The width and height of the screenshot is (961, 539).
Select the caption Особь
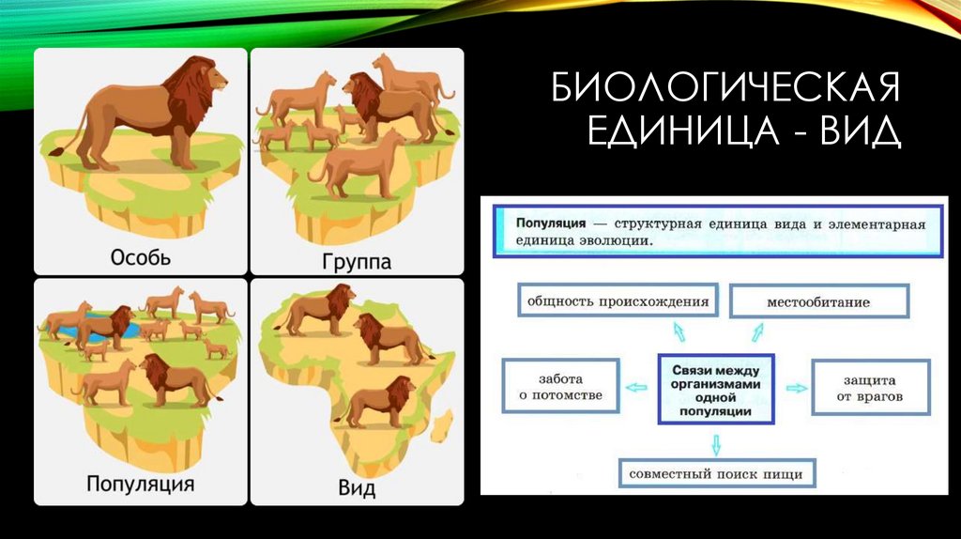[141, 257]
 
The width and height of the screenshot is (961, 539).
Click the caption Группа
[356, 260]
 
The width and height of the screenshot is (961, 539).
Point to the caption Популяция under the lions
[141, 485]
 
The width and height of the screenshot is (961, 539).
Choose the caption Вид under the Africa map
[356, 488]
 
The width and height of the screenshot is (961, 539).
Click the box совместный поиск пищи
[717, 473]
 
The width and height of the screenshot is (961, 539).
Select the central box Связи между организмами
[717, 387]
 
